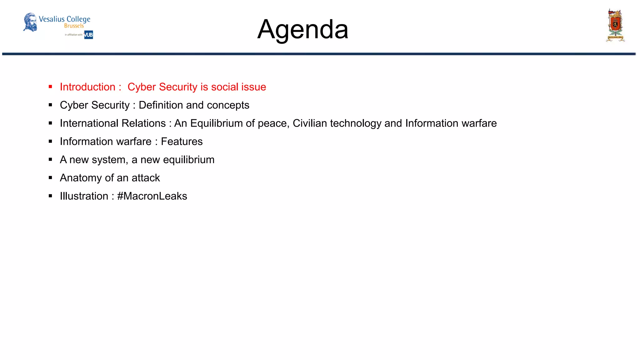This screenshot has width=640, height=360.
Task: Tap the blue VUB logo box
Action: (89, 35)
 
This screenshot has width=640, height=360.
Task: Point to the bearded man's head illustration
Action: (30, 22)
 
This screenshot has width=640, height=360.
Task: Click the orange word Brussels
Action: (74, 26)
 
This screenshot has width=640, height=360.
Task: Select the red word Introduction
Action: (87, 87)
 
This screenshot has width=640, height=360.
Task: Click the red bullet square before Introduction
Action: (50, 87)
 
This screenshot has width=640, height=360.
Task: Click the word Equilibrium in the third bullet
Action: (216, 123)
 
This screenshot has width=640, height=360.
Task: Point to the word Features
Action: (182, 142)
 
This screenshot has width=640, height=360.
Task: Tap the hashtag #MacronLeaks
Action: (152, 196)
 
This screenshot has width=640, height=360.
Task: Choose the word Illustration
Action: (84, 196)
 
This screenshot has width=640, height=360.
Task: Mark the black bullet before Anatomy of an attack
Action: (50, 178)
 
